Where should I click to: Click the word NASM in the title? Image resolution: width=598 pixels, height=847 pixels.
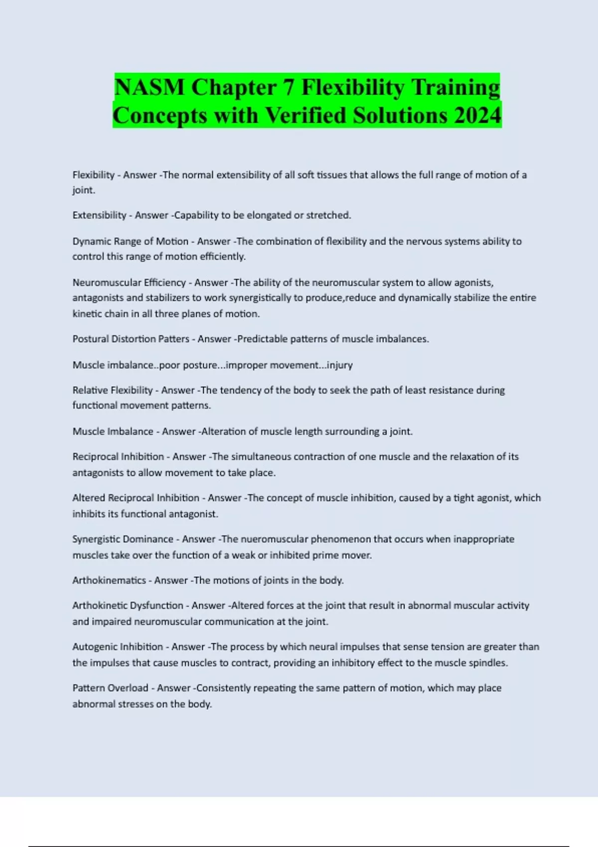pyautogui.click(x=149, y=88)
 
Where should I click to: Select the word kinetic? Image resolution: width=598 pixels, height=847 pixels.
pyautogui.click(x=86, y=314)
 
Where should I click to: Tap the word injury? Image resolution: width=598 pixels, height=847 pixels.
pyautogui.click(x=339, y=365)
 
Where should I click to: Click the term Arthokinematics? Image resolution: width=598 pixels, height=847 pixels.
pyautogui.click(x=109, y=580)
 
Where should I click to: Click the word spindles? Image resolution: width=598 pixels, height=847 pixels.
pyautogui.click(x=488, y=663)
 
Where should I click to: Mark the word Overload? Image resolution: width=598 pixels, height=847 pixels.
pyautogui.click(x=128, y=688)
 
